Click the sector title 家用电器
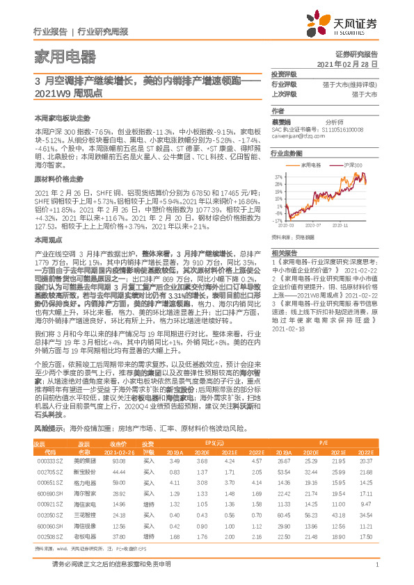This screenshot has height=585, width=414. [x=65, y=56]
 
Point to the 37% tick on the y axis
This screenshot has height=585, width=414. [x=278, y=176]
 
